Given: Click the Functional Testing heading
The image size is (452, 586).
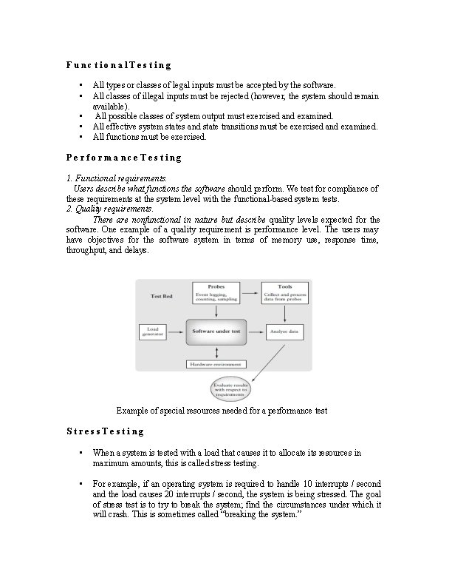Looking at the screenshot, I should point(118,65).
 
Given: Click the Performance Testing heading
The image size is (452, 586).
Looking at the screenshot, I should point(123,158).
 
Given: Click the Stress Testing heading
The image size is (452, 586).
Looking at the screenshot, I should point(105,431).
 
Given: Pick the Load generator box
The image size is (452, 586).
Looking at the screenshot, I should point(153,331).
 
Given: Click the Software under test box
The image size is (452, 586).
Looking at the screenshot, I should point(216,331).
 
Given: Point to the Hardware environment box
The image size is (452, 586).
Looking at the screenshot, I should point(216,364).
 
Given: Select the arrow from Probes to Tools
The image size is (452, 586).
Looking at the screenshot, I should point(251,286).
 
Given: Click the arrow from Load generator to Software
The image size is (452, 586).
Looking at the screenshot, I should point(176,331).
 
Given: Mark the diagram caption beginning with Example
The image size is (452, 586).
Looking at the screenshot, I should point(222,410).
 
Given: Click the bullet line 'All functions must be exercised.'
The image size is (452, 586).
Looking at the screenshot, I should point(150,137).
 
